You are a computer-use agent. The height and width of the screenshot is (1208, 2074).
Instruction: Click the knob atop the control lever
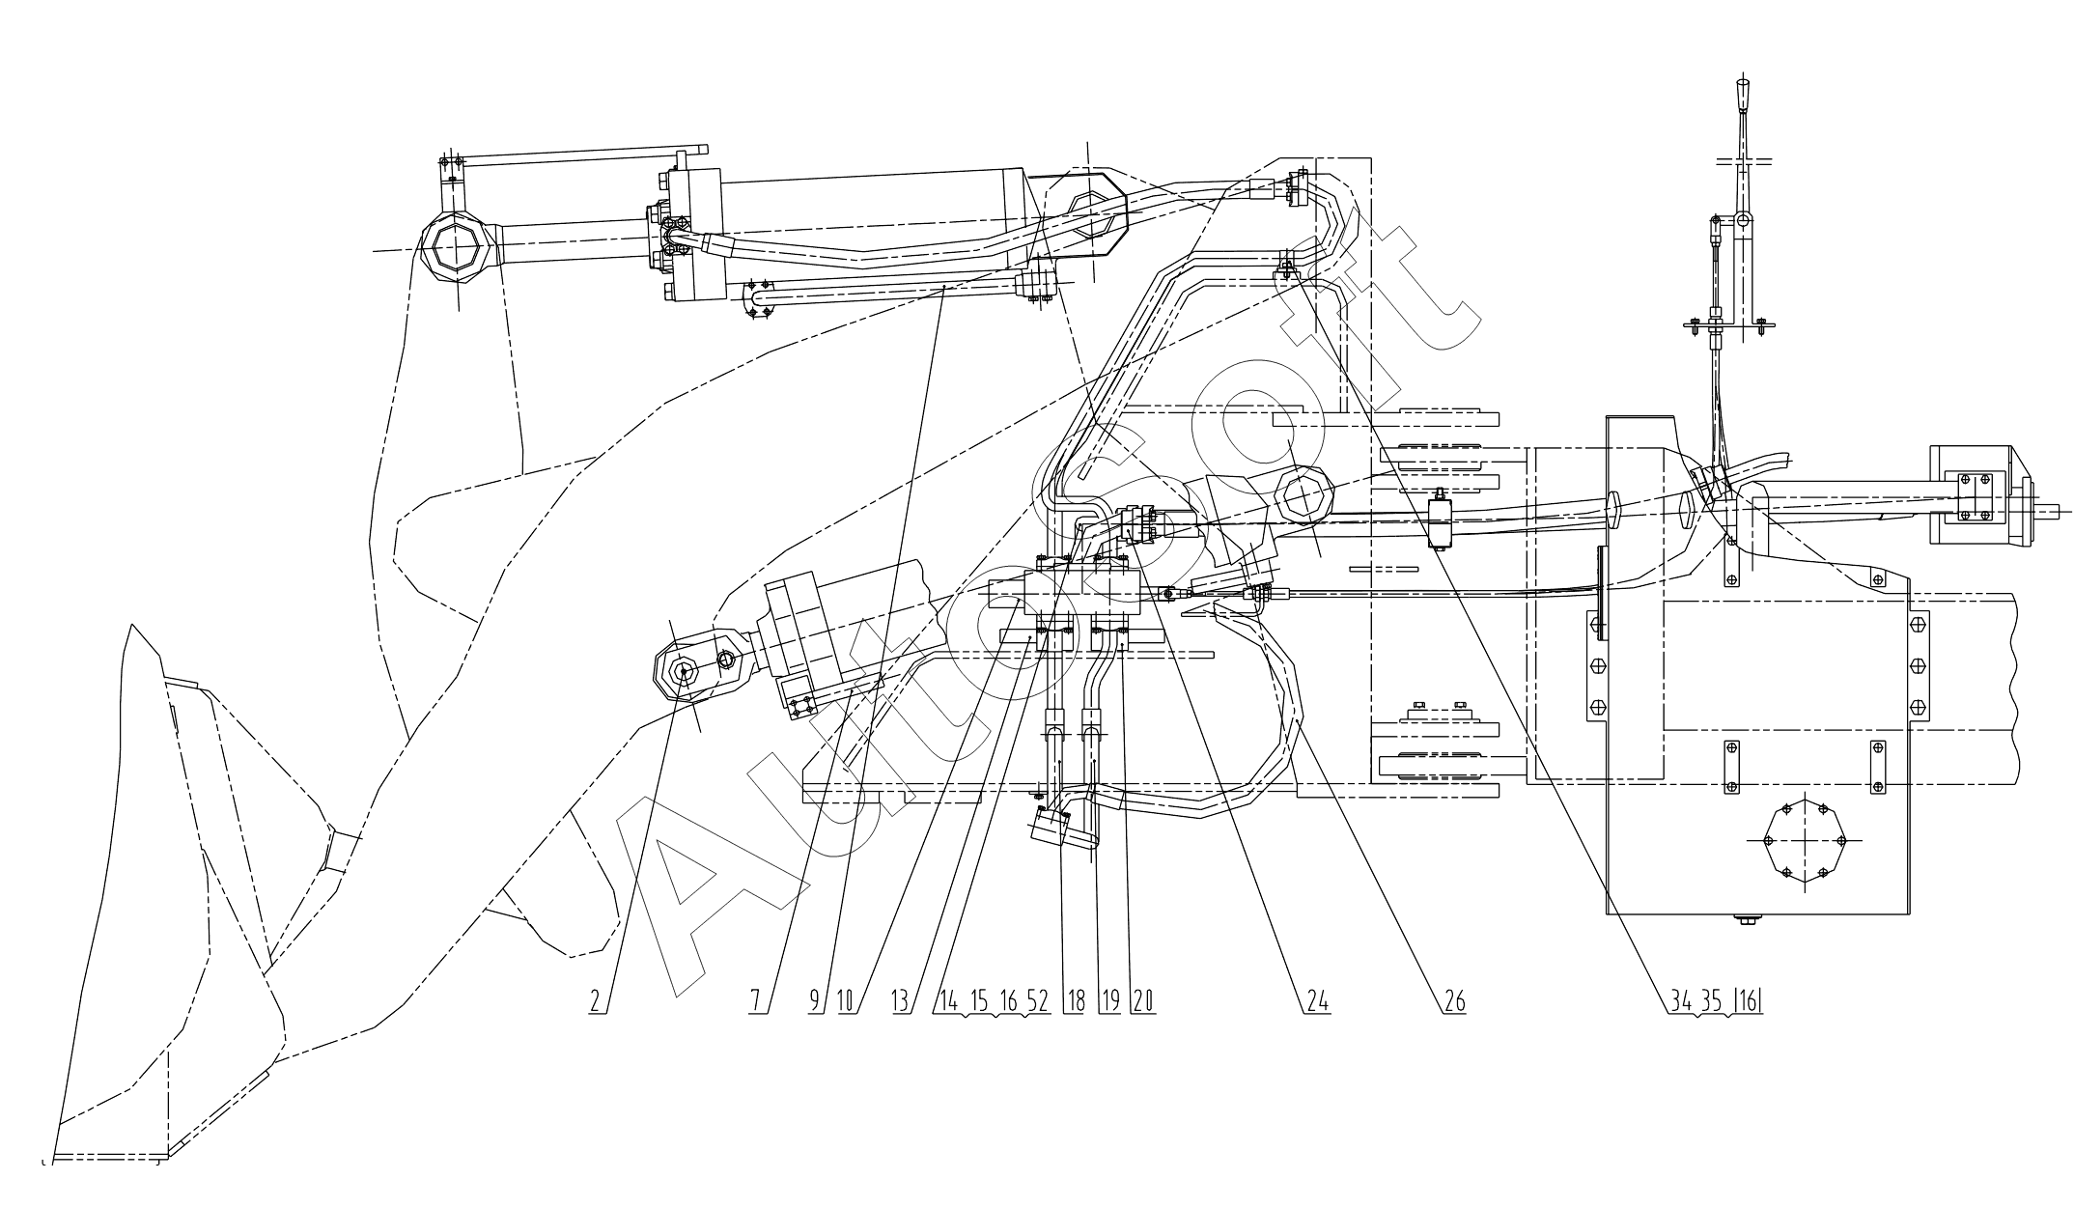click(1743, 96)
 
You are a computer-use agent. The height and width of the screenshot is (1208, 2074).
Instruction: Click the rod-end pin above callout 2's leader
click(684, 671)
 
